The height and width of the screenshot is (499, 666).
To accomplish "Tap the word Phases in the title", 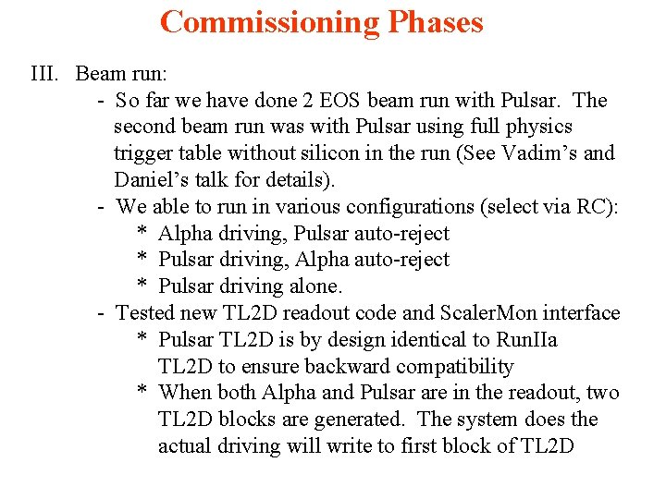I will (x=428, y=22).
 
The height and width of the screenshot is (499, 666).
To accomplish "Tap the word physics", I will (x=539, y=127).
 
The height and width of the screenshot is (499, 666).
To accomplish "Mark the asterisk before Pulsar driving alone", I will (x=143, y=287).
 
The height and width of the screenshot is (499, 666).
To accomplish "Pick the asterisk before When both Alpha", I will (x=143, y=394).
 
